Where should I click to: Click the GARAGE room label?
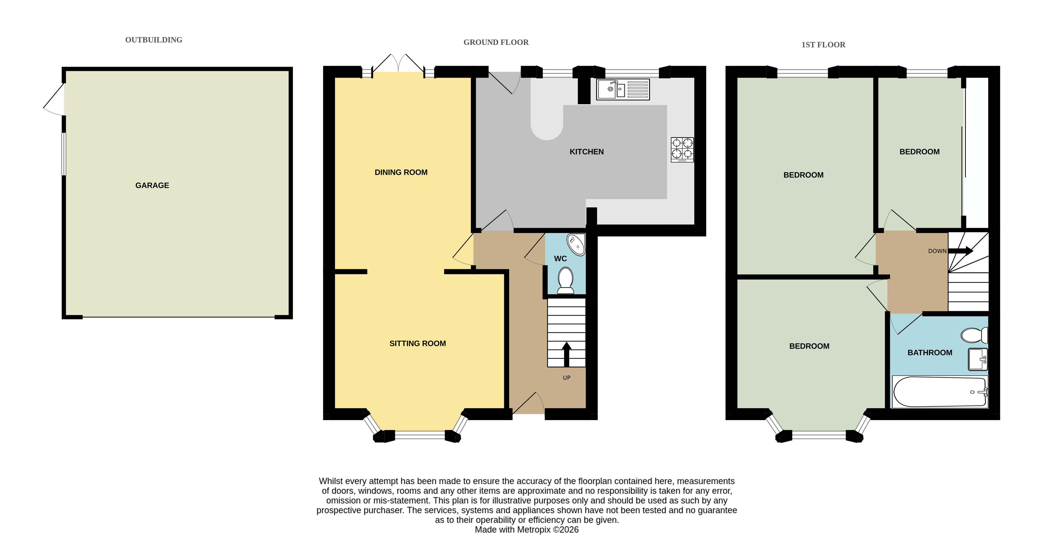[x=152, y=185]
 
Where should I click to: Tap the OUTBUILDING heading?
[x=153, y=40]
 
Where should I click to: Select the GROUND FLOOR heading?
[x=496, y=42]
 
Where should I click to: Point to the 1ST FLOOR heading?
[x=823, y=45]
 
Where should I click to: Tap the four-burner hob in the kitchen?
[x=682, y=149]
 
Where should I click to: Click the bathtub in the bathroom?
[x=940, y=392]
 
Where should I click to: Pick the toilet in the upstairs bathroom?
[x=974, y=335]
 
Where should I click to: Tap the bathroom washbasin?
[x=977, y=359]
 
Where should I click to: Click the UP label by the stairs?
[x=566, y=378]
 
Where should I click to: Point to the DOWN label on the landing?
[x=937, y=251]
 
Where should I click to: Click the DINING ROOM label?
[x=401, y=172]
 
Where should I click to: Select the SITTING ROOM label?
[x=417, y=343]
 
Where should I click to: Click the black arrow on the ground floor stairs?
[x=566, y=354]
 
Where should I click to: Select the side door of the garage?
[x=54, y=99]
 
